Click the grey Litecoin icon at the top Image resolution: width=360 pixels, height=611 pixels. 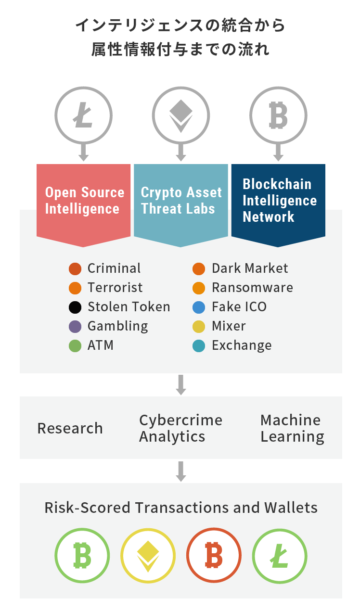point(83,115)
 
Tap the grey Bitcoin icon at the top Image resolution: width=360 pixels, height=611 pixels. point(278,115)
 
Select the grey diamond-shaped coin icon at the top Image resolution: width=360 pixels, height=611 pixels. point(180,115)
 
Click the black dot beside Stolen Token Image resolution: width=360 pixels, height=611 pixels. point(75,307)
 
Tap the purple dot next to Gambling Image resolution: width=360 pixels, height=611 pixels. point(75,327)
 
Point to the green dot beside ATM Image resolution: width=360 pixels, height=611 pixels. point(75,346)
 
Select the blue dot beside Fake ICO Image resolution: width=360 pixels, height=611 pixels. point(199,307)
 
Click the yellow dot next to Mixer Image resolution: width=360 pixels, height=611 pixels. point(199,327)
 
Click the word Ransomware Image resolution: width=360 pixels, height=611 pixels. point(253,288)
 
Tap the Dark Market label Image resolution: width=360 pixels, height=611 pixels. point(250,268)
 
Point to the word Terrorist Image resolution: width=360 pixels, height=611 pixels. point(115,288)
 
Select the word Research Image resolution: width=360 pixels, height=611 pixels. point(70,428)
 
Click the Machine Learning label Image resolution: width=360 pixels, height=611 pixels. point(292,429)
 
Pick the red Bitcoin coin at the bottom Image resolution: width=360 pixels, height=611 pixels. point(214,555)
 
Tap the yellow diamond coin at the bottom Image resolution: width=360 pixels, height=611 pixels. point(148,556)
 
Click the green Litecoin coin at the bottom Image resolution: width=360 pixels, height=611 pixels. point(280,556)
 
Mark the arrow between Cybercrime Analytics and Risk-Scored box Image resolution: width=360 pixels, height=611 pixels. point(180,471)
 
